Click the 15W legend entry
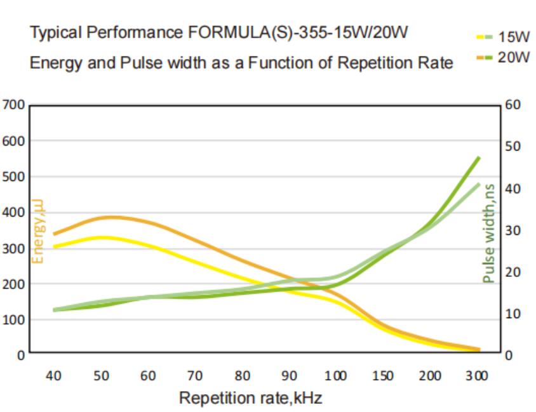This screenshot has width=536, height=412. pyautogui.click(x=503, y=37)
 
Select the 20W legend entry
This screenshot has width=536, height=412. pyautogui.click(x=503, y=57)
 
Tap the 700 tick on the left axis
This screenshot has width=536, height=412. pyautogui.click(x=13, y=105)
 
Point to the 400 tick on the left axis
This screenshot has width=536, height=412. pyautogui.click(x=13, y=213)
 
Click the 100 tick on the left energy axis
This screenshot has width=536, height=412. pyautogui.click(x=13, y=320)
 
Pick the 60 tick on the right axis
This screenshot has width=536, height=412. pyautogui.click(x=513, y=105)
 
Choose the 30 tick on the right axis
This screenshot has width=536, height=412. pyautogui.click(x=513, y=230)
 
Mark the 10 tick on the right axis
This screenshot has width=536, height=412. pyautogui.click(x=513, y=314)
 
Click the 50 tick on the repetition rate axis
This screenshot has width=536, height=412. pyautogui.click(x=101, y=376)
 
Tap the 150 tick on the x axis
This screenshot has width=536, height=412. pyautogui.click(x=382, y=376)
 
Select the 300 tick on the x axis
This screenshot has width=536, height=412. pyautogui.click(x=477, y=376)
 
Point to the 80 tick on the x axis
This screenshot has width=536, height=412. pyautogui.click(x=242, y=376)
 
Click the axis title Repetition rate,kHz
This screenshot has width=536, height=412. pyautogui.click(x=251, y=398)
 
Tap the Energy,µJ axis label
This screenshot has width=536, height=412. pyautogui.click(x=38, y=231)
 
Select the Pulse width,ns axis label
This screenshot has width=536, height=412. pyautogui.click(x=488, y=234)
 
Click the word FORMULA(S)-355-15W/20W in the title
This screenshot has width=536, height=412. pyautogui.click(x=298, y=33)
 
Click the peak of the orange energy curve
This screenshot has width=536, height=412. pyautogui.click(x=111, y=217)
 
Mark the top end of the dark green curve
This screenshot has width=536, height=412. pyautogui.click(x=479, y=158)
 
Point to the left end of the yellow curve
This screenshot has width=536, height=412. pyautogui.click(x=55, y=246)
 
